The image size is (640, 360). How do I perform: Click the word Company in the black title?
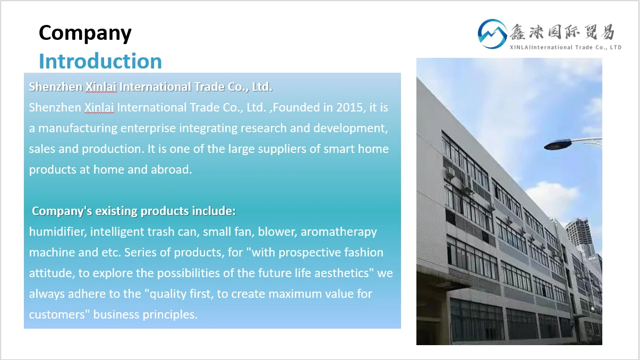pyautogui.click(x=85, y=33)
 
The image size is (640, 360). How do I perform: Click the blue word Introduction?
pyautogui.click(x=100, y=61)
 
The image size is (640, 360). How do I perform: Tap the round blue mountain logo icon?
pyautogui.click(x=492, y=34)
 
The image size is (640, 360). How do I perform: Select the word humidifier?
pyautogui.click(x=58, y=232)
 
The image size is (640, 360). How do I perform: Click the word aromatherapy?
pyautogui.click(x=338, y=232)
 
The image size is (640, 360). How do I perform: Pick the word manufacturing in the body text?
pyautogui.click(x=78, y=128)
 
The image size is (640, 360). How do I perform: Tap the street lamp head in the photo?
pyautogui.click(x=558, y=144)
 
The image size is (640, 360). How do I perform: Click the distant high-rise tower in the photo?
pyautogui.click(x=579, y=237)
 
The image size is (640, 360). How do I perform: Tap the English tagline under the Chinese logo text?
pyautogui.click(x=566, y=47)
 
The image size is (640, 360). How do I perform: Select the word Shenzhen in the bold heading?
pyautogui.click(x=56, y=87)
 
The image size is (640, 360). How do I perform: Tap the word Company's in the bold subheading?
pyautogui.click(x=62, y=211)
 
